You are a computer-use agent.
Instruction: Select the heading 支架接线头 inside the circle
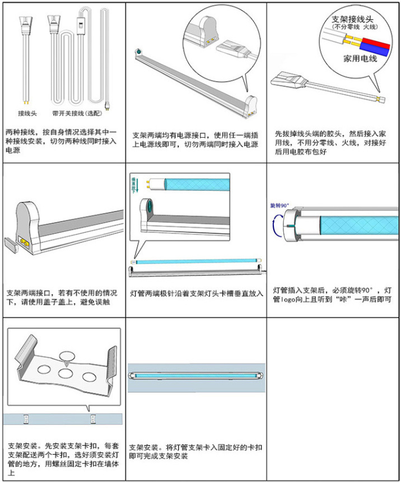point(352,18)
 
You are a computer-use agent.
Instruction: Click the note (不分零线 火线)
point(353,26)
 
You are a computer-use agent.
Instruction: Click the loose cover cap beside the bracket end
point(12,245)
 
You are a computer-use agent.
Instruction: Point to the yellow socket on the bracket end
point(25,242)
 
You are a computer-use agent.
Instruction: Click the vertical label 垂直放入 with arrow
point(134,184)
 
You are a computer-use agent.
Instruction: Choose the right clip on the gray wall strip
point(94,418)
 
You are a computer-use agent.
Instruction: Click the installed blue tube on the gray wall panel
point(196,375)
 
